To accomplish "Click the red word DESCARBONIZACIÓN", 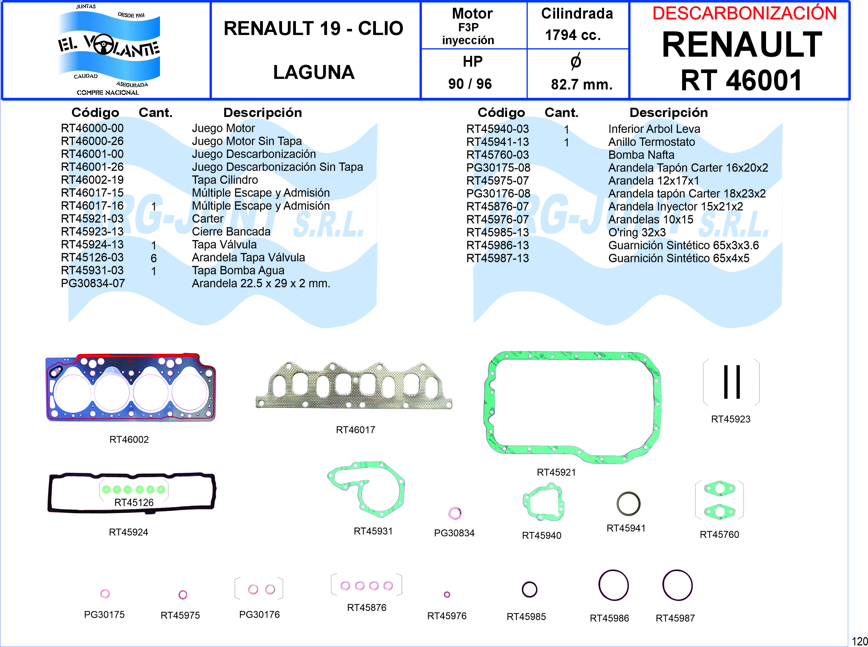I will [744, 13].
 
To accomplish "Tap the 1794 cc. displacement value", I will [573, 35].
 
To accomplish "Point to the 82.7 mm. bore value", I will [582, 84].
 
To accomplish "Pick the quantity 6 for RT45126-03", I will [154, 258].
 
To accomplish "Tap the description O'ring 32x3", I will [637, 232].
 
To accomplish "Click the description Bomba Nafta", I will [641, 155].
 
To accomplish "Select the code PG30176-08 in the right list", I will [498, 193].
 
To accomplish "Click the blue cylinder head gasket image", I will [130, 388].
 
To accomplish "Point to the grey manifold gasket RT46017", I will [354, 386].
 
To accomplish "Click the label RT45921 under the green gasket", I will [556, 472].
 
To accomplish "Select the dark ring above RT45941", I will [628, 504].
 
